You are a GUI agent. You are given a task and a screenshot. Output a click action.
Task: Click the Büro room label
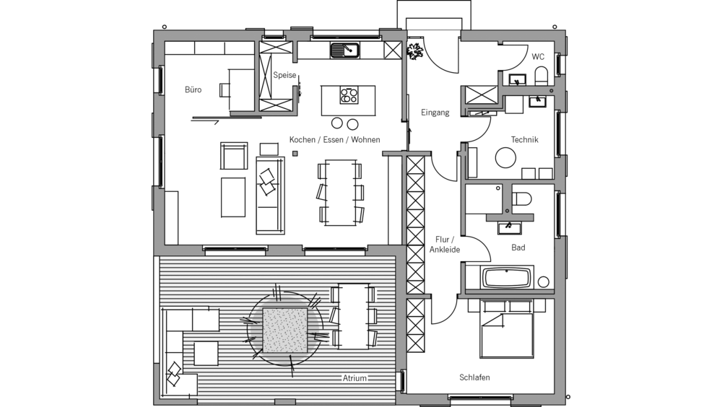(x=193, y=90)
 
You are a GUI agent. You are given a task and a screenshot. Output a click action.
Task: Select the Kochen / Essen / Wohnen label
(x=334, y=139)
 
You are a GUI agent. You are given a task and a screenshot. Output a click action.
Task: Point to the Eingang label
(x=435, y=113)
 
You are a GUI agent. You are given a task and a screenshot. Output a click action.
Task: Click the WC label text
(x=538, y=56)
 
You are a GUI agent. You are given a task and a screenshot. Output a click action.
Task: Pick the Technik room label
(x=524, y=139)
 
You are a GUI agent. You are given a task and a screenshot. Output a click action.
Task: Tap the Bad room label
(x=518, y=248)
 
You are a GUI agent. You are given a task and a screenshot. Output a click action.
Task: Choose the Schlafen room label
(x=474, y=377)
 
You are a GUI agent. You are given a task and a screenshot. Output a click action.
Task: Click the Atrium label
(x=355, y=377)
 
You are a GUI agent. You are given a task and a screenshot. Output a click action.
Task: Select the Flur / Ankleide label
(x=445, y=245)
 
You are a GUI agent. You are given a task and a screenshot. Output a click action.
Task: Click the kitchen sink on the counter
(x=345, y=51)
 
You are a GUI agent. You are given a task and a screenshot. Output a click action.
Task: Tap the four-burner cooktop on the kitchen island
(x=349, y=95)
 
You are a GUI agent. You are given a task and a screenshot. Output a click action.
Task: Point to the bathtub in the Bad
(x=508, y=277)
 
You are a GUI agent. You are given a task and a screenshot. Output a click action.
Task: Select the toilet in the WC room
(x=541, y=75)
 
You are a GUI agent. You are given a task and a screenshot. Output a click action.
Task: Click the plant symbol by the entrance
(x=415, y=51)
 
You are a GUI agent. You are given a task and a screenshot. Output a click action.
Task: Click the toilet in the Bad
(x=522, y=198)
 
